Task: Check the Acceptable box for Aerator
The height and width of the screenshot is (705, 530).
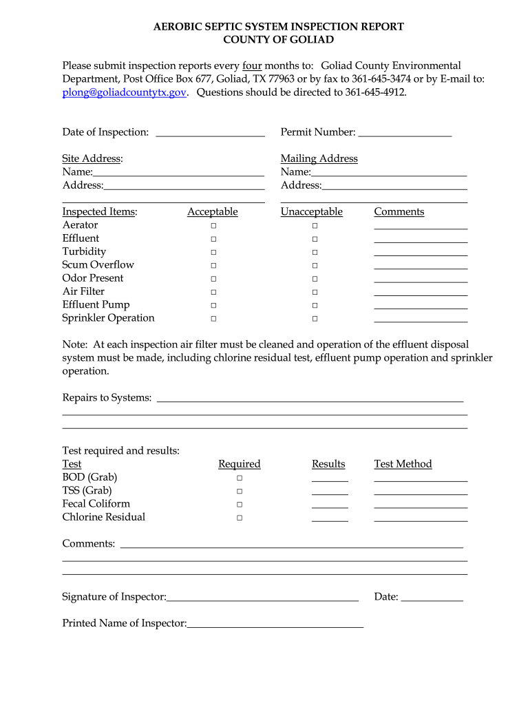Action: [x=213, y=226]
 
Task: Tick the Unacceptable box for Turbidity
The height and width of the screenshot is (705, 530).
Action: [x=315, y=253]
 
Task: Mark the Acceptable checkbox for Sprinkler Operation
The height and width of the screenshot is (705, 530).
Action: [x=213, y=319]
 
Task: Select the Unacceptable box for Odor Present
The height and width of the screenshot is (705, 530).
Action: [x=315, y=279]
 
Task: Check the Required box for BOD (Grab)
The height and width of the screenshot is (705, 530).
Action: [x=240, y=478]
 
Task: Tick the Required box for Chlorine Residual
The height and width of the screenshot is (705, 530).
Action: [x=240, y=518]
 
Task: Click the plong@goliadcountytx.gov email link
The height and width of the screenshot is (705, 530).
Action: [x=125, y=92]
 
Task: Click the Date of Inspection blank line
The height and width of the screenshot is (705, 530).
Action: [x=211, y=134]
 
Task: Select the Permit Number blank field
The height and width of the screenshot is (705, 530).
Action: [x=405, y=134]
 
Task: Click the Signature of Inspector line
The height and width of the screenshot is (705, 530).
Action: [x=263, y=598]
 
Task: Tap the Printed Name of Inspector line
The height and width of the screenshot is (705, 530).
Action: [x=275, y=624]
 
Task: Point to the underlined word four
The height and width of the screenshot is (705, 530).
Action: [x=252, y=66]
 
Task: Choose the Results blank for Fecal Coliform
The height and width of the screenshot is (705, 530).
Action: [x=330, y=505]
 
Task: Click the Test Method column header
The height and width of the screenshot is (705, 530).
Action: [x=403, y=464]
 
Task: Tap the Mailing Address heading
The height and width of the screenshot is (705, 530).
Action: [x=319, y=159]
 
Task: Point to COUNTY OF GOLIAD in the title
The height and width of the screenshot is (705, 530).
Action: [x=278, y=40]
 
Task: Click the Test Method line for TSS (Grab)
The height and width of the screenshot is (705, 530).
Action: [x=421, y=492]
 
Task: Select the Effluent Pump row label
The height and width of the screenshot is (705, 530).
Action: [x=96, y=305]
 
